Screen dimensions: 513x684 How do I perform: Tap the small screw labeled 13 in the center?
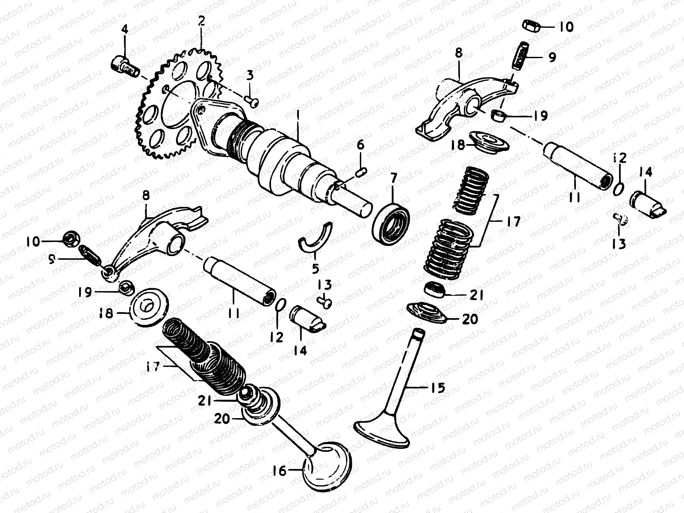click(x=326, y=302)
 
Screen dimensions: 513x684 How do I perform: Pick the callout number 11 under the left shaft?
click(x=233, y=313)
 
